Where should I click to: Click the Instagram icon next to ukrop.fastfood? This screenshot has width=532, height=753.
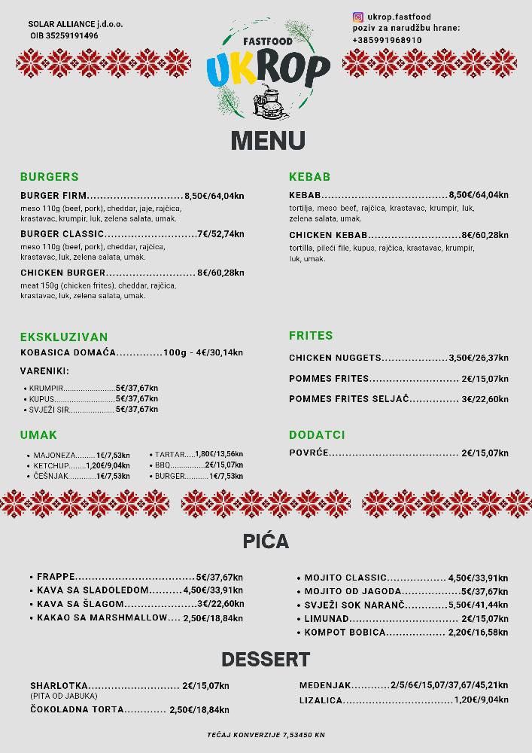[358, 17]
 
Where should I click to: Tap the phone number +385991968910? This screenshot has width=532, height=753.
[387, 40]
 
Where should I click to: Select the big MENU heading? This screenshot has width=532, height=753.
[267, 141]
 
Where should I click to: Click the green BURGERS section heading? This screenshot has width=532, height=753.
[50, 177]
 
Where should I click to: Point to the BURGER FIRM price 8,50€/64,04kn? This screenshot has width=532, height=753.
[214, 196]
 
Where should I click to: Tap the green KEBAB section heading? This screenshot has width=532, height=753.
[310, 177]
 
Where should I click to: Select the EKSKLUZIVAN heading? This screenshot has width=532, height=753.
[64, 337]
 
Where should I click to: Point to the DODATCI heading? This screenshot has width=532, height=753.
[317, 435]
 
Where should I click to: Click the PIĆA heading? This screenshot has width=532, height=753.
[266, 541]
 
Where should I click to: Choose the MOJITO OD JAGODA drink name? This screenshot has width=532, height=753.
[353, 591]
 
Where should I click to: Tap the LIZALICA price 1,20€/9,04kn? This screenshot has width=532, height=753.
[481, 700]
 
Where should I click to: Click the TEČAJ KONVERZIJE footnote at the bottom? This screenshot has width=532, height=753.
[266, 734]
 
